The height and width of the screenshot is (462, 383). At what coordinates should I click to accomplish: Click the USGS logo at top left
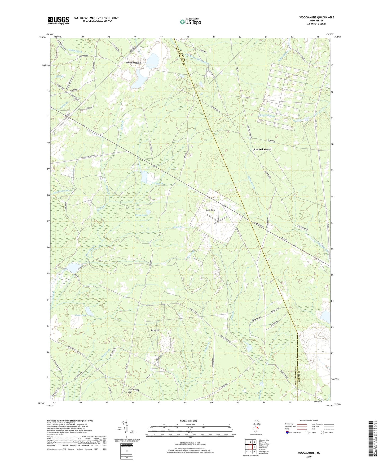(x=58, y=20)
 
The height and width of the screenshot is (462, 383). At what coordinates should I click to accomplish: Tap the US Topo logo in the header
(x=190, y=22)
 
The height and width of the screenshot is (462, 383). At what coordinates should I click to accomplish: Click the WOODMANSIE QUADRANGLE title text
(x=316, y=17)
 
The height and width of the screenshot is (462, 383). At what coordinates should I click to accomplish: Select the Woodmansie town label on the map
(x=133, y=63)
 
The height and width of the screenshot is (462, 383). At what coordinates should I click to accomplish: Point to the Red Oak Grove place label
(x=262, y=150)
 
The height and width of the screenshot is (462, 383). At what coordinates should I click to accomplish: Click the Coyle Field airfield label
(x=211, y=210)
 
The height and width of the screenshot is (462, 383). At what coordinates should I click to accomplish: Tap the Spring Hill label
(x=155, y=330)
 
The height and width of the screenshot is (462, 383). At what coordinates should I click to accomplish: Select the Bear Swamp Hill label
(x=134, y=391)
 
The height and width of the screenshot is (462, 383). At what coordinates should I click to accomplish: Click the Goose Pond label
(x=81, y=315)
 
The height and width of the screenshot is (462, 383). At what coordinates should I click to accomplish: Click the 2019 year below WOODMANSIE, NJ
(x=309, y=456)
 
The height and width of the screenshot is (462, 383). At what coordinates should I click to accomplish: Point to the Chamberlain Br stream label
(x=266, y=116)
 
